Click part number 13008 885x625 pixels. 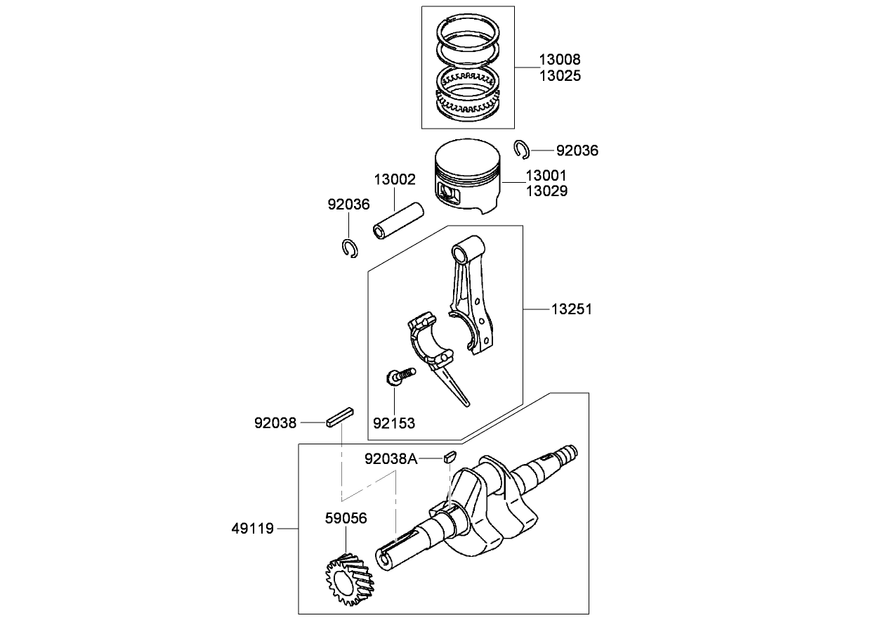point(560,60)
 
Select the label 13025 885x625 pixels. point(560,75)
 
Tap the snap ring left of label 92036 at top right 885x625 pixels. point(521,149)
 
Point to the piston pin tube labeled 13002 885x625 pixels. point(398,221)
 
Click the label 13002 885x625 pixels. point(394,180)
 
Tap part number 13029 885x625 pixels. point(546,191)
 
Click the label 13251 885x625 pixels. point(571,309)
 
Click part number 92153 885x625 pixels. point(393,423)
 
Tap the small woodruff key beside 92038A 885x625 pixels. point(450,455)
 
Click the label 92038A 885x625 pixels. point(391,459)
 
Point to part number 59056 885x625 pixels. point(346,518)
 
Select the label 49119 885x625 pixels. point(254,527)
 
